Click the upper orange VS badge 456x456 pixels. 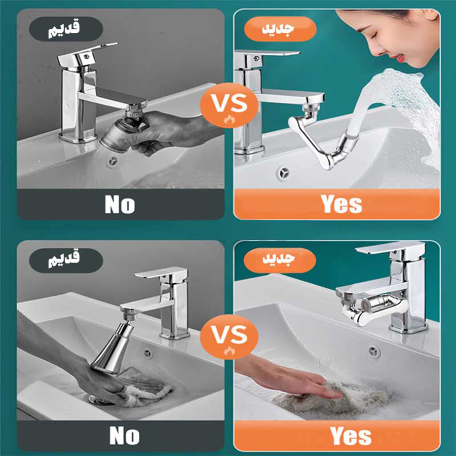click(x=229, y=105)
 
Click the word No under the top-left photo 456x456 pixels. click(x=120, y=205)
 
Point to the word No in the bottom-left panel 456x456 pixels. click(x=125, y=436)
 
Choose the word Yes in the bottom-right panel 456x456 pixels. click(x=351, y=436)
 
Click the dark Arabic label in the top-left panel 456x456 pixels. click(x=66, y=29)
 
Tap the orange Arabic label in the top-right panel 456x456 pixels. click(x=280, y=29)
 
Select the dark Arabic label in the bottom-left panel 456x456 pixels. click(x=66, y=260)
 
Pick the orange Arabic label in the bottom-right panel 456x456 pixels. click(x=280, y=260)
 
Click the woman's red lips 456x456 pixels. click(x=401, y=57)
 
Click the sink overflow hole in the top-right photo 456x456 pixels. click(x=283, y=173)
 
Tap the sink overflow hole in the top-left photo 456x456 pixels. click(x=112, y=162)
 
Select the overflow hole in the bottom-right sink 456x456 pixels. click(x=374, y=352)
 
